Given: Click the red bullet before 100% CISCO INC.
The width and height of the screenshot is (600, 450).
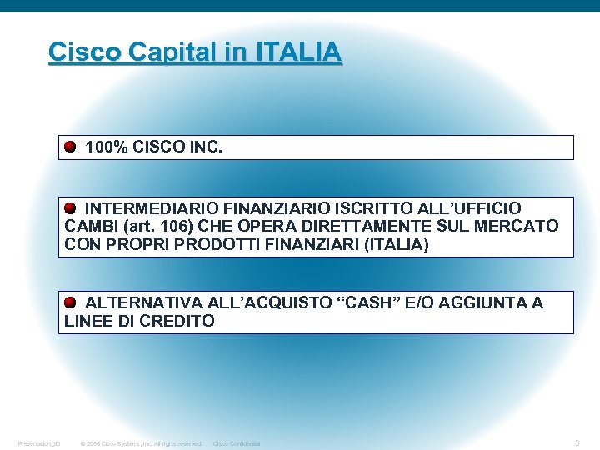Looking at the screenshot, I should tap(71, 147).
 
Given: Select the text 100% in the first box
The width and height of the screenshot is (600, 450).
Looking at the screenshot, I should tap(107, 147).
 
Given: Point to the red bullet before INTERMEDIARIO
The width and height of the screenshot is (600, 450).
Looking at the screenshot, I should tap(71, 207).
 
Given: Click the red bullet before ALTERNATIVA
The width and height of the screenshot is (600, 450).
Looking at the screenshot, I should tap(71, 302).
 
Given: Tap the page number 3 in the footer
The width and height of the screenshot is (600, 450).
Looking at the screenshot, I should tap(577, 442).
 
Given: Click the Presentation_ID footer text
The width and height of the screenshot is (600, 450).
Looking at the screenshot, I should tap(38, 443).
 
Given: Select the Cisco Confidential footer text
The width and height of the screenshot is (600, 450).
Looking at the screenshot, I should tap(237, 443).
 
